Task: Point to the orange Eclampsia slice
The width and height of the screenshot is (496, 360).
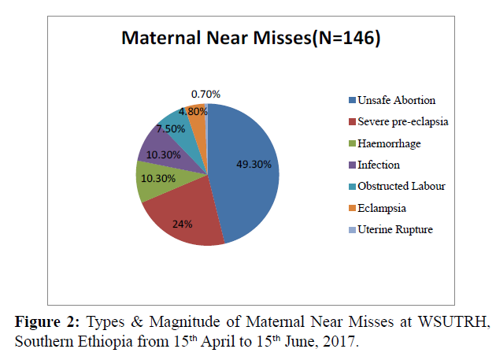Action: tap(197, 112)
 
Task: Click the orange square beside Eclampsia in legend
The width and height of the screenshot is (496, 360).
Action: tap(351, 208)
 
